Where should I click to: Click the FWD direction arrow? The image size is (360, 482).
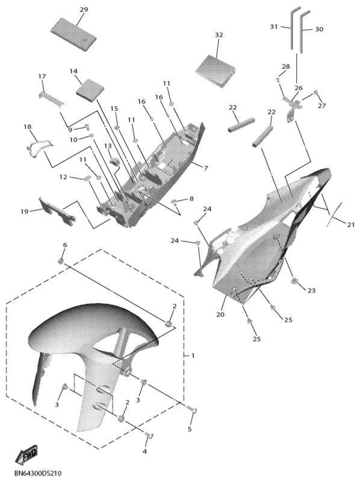coord(26,455)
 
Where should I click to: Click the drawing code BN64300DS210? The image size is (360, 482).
coord(36,473)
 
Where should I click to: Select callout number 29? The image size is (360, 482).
coord(84,10)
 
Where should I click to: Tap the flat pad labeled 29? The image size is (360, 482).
coord(73,34)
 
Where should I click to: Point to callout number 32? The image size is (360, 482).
coord(219,35)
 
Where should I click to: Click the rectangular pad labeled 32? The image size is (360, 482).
coord(216,70)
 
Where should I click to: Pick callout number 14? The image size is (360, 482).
coord(73,71)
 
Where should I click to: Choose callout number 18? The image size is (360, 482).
coord(27,127)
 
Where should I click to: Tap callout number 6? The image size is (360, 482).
coord(64,245)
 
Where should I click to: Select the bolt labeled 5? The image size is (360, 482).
coord(192,411)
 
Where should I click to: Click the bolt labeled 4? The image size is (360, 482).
coord(149,436)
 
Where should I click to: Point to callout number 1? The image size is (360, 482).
coord(193,355)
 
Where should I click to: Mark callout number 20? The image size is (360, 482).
coord(220,315)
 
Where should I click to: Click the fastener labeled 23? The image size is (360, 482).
coord(294,280)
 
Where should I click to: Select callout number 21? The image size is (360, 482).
coord(350,225)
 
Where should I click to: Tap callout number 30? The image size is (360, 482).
coord(319,29)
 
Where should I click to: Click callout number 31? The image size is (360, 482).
coord(274,27)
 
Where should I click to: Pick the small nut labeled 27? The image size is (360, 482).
coord(315,93)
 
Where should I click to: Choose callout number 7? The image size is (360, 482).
coord(205,168)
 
